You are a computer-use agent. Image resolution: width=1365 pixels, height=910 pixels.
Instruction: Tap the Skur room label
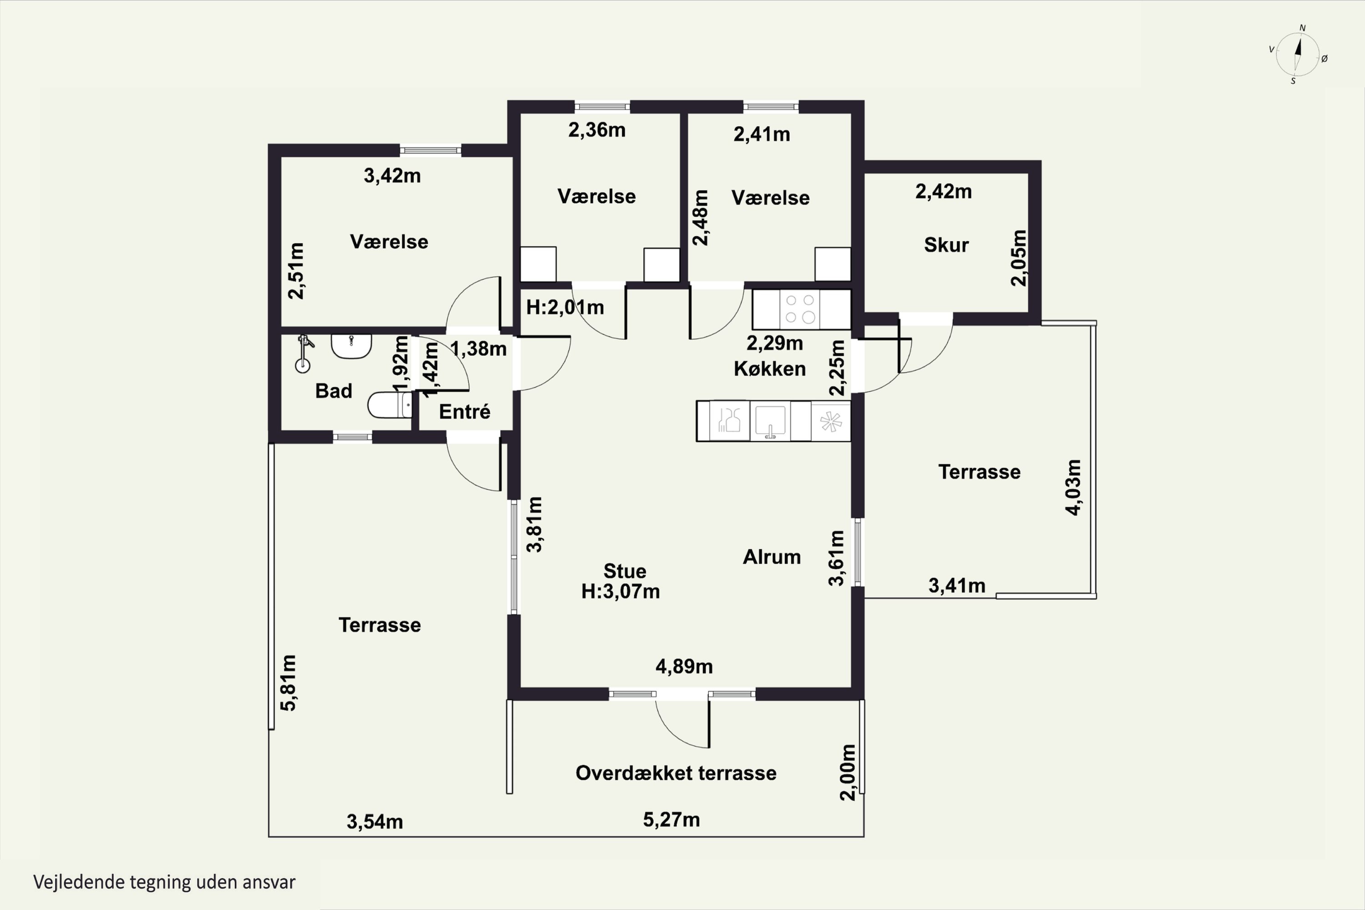point(946,245)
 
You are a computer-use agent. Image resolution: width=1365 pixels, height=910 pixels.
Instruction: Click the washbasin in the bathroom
point(351,346)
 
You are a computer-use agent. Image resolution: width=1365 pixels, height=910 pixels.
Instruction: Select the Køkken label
point(769,369)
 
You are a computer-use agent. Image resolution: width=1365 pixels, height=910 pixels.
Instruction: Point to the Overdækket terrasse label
point(676,773)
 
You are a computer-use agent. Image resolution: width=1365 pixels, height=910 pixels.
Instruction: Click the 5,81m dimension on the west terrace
point(288,682)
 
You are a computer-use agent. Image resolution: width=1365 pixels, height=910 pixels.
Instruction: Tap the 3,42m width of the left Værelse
point(392,176)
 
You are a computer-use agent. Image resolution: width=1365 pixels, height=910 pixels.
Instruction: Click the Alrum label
point(772,557)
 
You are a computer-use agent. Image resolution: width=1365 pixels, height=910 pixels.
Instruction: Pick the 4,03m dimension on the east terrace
point(1074,487)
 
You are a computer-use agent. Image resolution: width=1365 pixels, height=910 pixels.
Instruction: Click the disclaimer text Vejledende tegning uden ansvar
point(164,882)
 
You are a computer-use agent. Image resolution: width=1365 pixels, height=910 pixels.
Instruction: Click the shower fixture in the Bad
point(303,353)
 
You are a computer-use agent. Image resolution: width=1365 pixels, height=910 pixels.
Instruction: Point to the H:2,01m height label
point(565,307)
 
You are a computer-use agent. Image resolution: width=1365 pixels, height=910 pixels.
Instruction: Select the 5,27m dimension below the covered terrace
point(672,820)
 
